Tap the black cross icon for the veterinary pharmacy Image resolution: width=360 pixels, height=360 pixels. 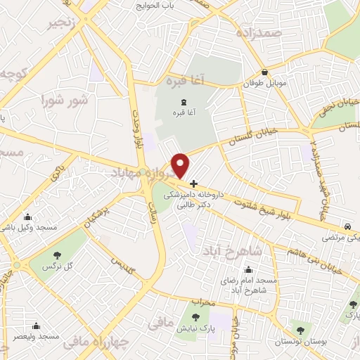pyautogui.click(x=194, y=184)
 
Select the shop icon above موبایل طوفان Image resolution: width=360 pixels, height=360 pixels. pyautogui.click(x=264, y=72)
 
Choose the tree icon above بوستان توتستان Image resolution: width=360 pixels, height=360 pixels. pyautogui.click(x=300, y=328)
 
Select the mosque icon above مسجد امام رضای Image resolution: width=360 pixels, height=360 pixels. pyautogui.click(x=249, y=269)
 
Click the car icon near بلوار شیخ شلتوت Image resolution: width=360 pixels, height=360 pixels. pyautogui.click(x=348, y=226)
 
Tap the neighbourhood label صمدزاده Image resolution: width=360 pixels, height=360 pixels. pyautogui.click(x=259, y=34)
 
